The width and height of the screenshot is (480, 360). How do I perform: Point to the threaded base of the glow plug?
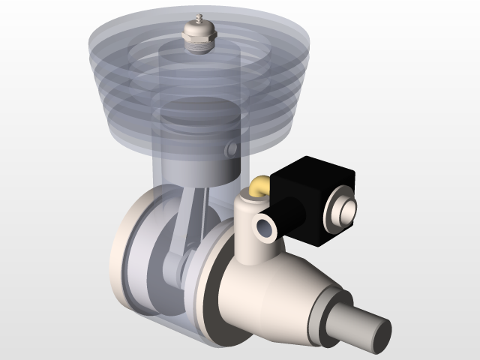(198, 44)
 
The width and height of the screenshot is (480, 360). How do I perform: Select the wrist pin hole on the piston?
(232, 148)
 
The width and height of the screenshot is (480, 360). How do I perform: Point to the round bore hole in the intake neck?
(265, 228)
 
